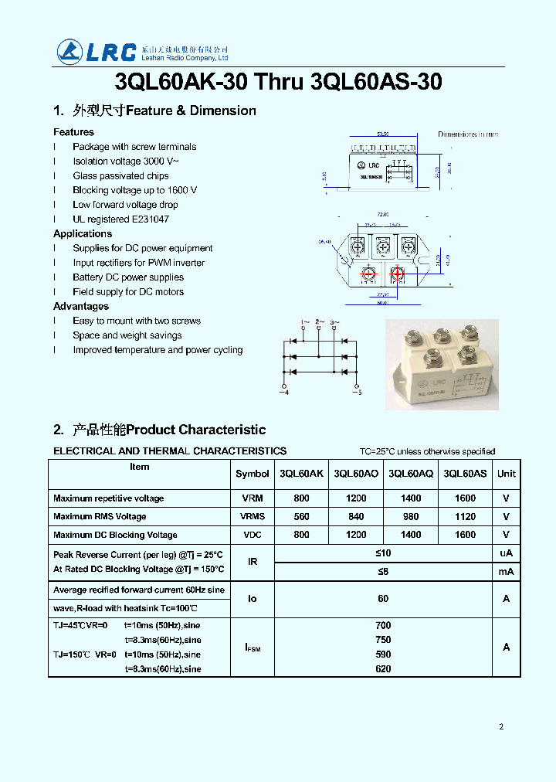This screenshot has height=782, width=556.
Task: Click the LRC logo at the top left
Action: (x=97, y=51)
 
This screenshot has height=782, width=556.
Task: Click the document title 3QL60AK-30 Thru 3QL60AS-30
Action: (x=278, y=82)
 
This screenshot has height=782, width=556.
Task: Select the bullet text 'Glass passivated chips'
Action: (x=120, y=175)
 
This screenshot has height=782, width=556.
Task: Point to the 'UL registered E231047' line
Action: (x=120, y=219)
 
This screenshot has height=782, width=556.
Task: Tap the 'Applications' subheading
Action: (x=83, y=233)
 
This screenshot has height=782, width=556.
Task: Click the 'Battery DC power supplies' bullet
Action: (x=128, y=277)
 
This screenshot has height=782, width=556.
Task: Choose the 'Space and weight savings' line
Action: (x=127, y=335)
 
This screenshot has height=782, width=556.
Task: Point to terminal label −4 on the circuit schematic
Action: (x=283, y=393)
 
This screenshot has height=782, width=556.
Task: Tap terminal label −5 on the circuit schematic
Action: (x=357, y=393)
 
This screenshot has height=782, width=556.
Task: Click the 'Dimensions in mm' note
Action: (x=468, y=134)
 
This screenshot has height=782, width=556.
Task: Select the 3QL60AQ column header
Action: (x=411, y=474)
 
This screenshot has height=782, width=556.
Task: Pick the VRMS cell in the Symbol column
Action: (x=253, y=516)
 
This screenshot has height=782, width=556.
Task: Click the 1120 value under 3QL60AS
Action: (x=465, y=516)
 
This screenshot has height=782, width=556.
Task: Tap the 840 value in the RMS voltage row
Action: (x=356, y=516)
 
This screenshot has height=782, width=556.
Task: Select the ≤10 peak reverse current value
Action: (x=384, y=553)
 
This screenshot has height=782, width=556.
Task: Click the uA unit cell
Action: (x=506, y=553)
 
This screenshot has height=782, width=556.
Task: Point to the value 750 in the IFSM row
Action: (x=384, y=640)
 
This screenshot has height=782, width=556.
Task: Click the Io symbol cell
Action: (x=253, y=599)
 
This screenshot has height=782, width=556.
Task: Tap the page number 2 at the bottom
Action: (x=501, y=726)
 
